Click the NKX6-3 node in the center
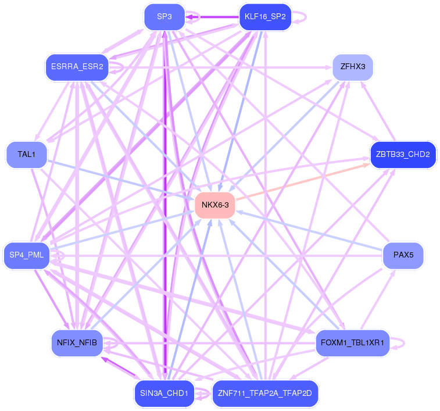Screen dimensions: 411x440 [x=214, y=205]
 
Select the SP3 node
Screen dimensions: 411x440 [x=164, y=16]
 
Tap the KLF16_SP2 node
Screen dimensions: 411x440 [x=264, y=16]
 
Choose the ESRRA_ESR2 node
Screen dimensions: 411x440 [x=77, y=67]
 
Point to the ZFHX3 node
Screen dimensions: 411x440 [x=352, y=67]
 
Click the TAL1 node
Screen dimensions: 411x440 [x=26, y=154]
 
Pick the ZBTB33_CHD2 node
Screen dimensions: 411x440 [x=402, y=154]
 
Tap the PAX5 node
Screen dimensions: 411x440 [x=402, y=255]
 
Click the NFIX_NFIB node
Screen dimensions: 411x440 [x=77, y=342]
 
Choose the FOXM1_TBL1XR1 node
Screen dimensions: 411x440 [x=352, y=342]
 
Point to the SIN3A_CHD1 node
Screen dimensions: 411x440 [x=164, y=393]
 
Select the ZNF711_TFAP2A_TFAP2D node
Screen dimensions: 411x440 [x=264, y=393]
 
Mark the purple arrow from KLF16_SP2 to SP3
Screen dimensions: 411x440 [x=212, y=17]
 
